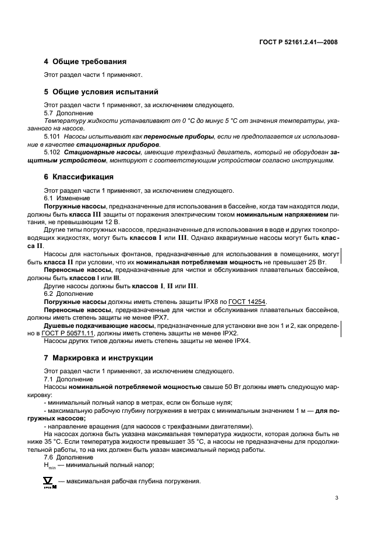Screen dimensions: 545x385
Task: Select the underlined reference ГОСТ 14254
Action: tap(247, 302)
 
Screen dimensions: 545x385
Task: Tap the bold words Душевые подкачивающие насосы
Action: tap(99, 325)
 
